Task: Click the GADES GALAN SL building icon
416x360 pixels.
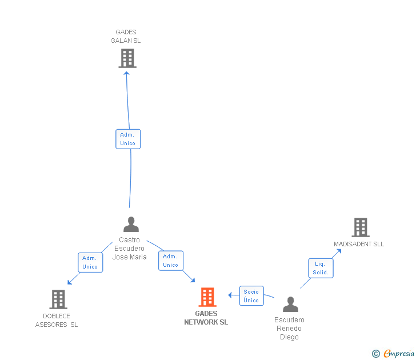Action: [127, 58]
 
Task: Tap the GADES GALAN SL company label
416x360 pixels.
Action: [126, 37]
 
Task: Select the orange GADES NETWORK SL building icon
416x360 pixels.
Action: [207, 297]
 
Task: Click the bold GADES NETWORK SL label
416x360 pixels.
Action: [206, 318]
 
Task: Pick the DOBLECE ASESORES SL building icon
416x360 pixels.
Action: [58, 299]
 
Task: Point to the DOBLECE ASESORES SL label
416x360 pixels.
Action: [57, 321]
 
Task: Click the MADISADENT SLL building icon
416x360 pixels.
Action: [360, 227]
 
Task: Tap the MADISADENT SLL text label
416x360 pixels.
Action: [359, 245]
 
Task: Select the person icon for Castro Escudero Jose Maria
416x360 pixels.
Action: [131, 224]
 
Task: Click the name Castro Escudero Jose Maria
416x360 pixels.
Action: [129, 249]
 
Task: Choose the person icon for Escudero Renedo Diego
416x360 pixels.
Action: [290, 305]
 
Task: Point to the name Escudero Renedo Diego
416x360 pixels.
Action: [289, 329]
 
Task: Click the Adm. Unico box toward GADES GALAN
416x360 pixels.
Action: [128, 139]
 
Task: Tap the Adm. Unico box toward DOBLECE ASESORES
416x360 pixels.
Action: [90, 262]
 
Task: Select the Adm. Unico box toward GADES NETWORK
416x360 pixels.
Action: [171, 261]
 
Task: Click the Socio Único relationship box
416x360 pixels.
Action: [251, 296]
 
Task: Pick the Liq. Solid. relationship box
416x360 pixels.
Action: [321, 268]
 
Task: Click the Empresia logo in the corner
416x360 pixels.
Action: [394, 354]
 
